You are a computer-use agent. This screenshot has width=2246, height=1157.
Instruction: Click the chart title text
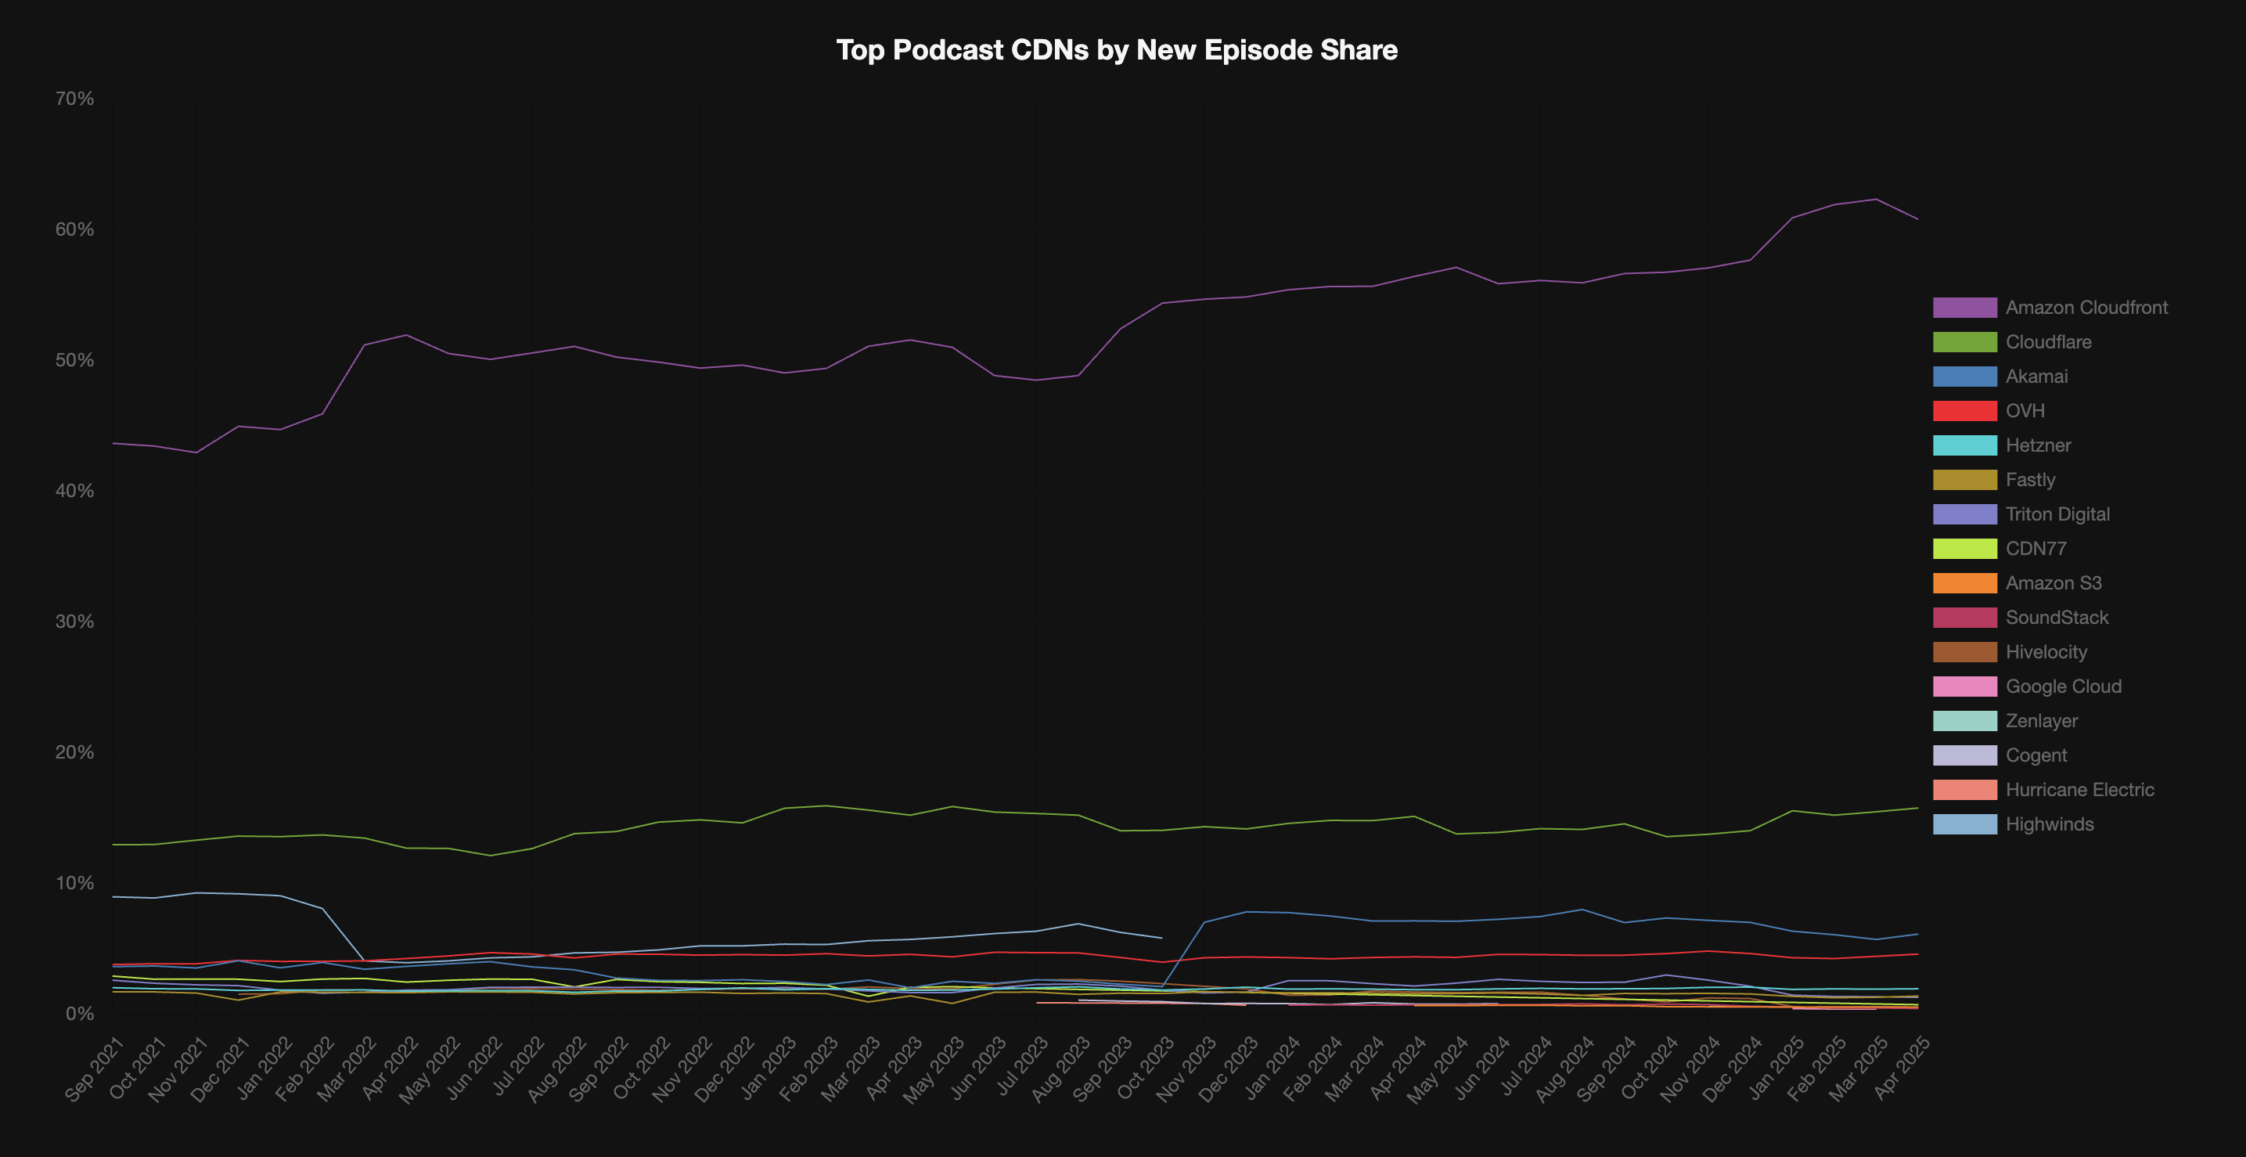click(1116, 49)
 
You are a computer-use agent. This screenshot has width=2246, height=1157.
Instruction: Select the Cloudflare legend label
click(2048, 342)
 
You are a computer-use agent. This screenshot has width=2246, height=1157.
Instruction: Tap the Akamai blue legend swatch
click(1963, 377)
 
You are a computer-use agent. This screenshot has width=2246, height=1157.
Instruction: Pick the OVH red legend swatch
click(1963, 411)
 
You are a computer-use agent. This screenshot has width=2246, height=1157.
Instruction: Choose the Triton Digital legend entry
click(2057, 514)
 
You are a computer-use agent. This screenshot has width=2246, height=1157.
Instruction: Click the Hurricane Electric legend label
click(2079, 790)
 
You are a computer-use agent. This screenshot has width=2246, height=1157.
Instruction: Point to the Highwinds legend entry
click(2049, 824)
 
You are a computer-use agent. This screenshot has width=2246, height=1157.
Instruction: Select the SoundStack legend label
click(2056, 618)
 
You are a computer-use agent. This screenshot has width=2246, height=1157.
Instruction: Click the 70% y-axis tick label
click(74, 99)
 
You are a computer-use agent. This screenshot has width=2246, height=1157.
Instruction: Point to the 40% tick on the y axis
click(74, 491)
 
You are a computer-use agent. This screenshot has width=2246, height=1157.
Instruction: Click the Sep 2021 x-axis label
click(95, 1070)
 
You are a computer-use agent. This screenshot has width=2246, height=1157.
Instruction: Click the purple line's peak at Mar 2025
click(1875, 200)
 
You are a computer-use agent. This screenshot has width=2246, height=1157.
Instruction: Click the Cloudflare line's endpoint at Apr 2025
click(1917, 808)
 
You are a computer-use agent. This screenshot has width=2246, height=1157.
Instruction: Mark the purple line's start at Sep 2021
click(113, 444)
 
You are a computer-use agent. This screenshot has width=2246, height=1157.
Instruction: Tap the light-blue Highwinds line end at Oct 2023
click(1161, 938)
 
